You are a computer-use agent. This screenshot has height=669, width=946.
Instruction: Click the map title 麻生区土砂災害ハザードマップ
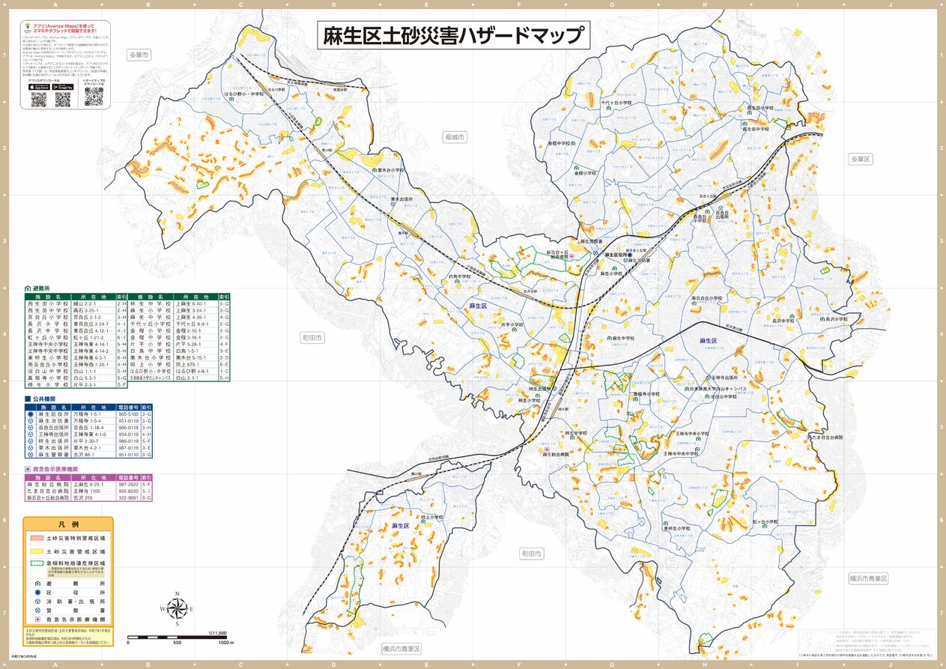(x=453, y=34)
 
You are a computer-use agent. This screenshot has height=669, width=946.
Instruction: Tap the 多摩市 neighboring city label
(x=139, y=55)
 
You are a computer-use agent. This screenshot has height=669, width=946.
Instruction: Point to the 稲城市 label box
(x=454, y=138)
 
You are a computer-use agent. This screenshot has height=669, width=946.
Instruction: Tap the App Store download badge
(x=39, y=87)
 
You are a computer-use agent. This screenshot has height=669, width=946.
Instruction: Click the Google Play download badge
(x=64, y=87)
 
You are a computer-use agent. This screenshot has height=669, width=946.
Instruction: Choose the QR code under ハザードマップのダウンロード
(x=94, y=95)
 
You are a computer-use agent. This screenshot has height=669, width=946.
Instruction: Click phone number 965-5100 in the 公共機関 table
(x=128, y=414)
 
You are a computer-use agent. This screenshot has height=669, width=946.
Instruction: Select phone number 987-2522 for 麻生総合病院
(x=128, y=485)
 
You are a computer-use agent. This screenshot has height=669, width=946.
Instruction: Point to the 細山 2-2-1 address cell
(x=92, y=304)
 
